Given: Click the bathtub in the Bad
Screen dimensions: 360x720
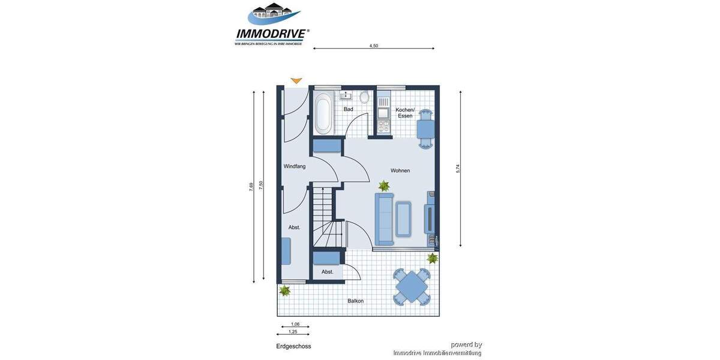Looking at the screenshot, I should click(323, 114).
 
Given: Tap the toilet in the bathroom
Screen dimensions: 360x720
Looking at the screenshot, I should click(364, 97).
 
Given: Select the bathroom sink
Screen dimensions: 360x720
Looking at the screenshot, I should click(346, 95).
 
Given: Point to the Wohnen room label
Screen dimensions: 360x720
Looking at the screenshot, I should click(400, 171).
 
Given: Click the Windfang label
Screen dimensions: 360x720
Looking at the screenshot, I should click(295, 166).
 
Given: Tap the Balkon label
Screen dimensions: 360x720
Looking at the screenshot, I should click(355, 301).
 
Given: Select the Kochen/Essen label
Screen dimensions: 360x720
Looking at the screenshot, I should click(405, 112).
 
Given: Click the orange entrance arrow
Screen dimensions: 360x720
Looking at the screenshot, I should click(296, 80).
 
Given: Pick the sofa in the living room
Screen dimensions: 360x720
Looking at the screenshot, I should click(384, 219).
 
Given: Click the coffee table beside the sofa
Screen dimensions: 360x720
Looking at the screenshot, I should click(403, 219).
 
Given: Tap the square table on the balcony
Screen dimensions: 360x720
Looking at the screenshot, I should click(412, 287).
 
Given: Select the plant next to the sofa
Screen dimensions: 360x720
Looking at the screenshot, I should click(384, 186).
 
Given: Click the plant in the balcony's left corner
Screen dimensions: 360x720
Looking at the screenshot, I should click(285, 291).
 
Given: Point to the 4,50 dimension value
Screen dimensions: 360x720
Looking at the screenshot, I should click(374, 46).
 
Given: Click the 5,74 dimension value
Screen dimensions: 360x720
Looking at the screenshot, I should click(458, 169).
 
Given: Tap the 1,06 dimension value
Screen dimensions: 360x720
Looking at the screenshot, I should click(295, 324).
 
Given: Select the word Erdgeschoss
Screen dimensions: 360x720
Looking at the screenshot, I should click(293, 346).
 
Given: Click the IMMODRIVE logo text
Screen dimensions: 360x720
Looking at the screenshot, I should click(272, 34).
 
